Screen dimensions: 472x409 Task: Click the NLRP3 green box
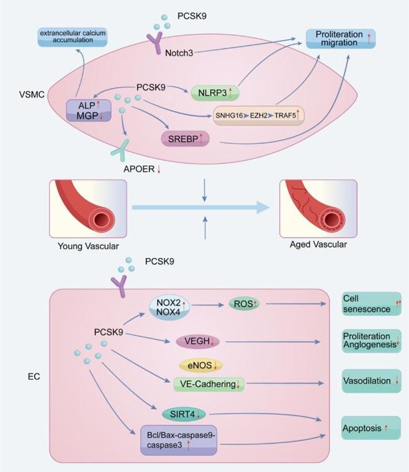coord(214,93)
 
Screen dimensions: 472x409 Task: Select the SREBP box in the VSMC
coord(185,139)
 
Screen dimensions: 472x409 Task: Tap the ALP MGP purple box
coord(89,110)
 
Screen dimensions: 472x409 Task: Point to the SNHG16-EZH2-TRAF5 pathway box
coord(258,115)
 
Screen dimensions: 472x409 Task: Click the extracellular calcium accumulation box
coord(73,37)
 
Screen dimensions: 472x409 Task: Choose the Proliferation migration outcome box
coord(340,39)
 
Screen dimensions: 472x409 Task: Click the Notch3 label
coord(179,53)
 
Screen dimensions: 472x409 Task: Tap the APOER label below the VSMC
coord(139,169)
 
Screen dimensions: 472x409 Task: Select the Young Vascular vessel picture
coord(88,208)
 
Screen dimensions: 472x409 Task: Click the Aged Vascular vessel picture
coord(318,208)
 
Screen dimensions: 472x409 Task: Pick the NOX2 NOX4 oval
coord(169,307)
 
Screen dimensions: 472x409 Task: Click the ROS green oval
coord(244,304)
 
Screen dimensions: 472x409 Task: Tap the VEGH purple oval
coord(197,341)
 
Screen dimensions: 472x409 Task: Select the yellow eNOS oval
coord(201,365)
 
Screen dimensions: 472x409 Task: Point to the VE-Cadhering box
coord(209,384)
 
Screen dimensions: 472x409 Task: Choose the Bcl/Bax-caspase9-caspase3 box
coord(179,440)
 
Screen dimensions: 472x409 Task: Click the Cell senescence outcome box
coord(371,304)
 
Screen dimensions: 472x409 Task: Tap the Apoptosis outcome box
coord(371,428)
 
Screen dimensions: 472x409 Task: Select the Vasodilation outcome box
coord(371,381)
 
